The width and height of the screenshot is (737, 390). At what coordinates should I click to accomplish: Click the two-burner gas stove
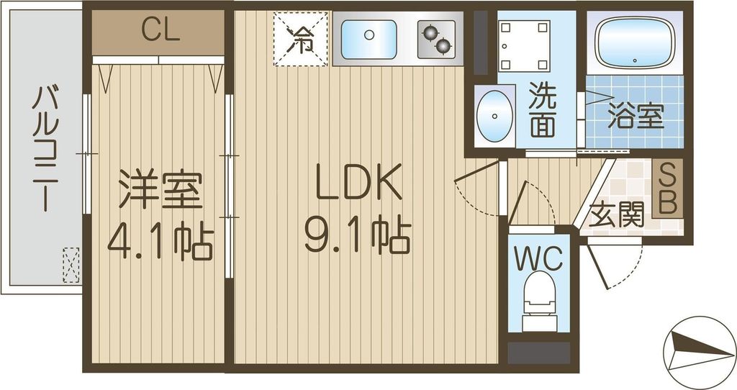[x=437, y=39]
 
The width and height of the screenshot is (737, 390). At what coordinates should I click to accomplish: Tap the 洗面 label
[x=543, y=111]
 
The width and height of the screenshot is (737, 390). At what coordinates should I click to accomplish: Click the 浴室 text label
[x=635, y=117]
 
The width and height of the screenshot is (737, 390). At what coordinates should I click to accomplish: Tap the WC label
[x=538, y=260]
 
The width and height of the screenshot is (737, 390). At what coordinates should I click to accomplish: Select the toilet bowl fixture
[x=538, y=302]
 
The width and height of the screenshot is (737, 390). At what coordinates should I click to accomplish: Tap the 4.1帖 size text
[x=160, y=243]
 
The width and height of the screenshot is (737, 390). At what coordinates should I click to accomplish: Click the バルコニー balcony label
[x=43, y=148]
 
